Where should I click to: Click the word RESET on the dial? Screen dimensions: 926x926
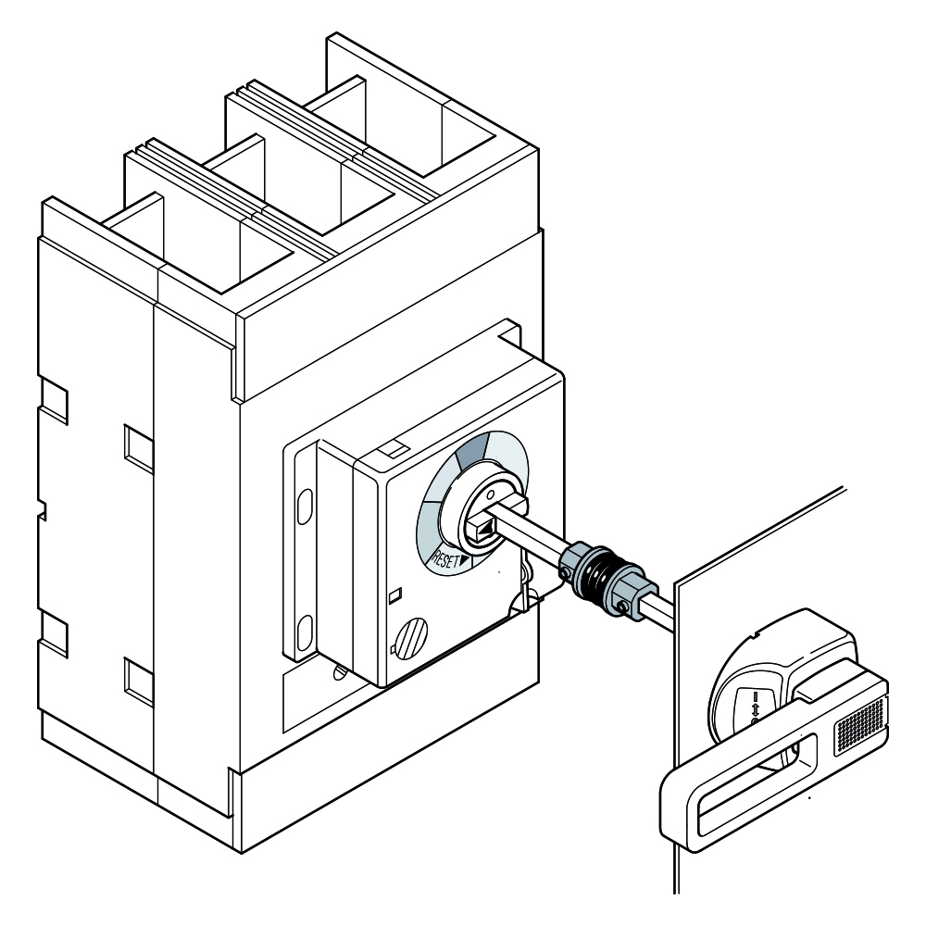[x=445, y=558]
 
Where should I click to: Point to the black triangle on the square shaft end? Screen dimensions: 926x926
[x=485, y=532]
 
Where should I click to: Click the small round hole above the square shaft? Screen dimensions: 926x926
[x=489, y=492]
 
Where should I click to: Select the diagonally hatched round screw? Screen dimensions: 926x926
[x=412, y=638]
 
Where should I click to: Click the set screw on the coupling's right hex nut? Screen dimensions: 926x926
[x=622, y=607]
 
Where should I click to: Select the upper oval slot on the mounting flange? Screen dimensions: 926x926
[x=305, y=506]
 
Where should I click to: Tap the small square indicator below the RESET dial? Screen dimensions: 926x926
[x=396, y=594]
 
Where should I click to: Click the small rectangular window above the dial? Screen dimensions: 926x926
[x=391, y=449]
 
